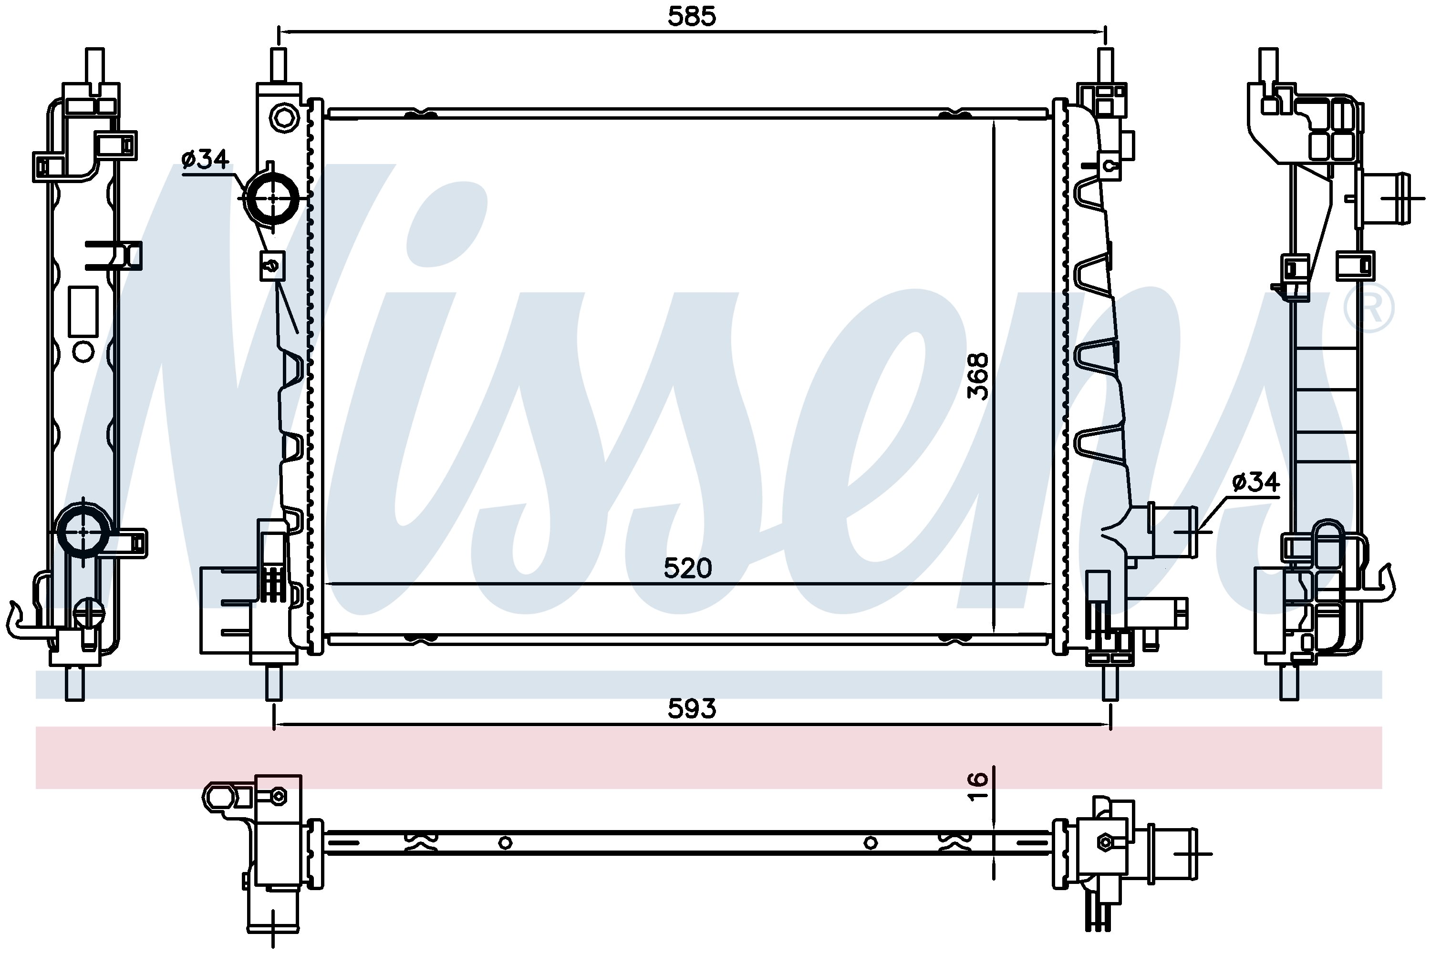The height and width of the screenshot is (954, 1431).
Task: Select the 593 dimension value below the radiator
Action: coord(692,709)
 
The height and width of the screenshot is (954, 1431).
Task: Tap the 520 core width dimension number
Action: coord(687,568)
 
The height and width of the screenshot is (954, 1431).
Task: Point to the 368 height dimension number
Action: coord(978,376)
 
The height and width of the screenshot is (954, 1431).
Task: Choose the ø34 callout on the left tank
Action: coord(205,159)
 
